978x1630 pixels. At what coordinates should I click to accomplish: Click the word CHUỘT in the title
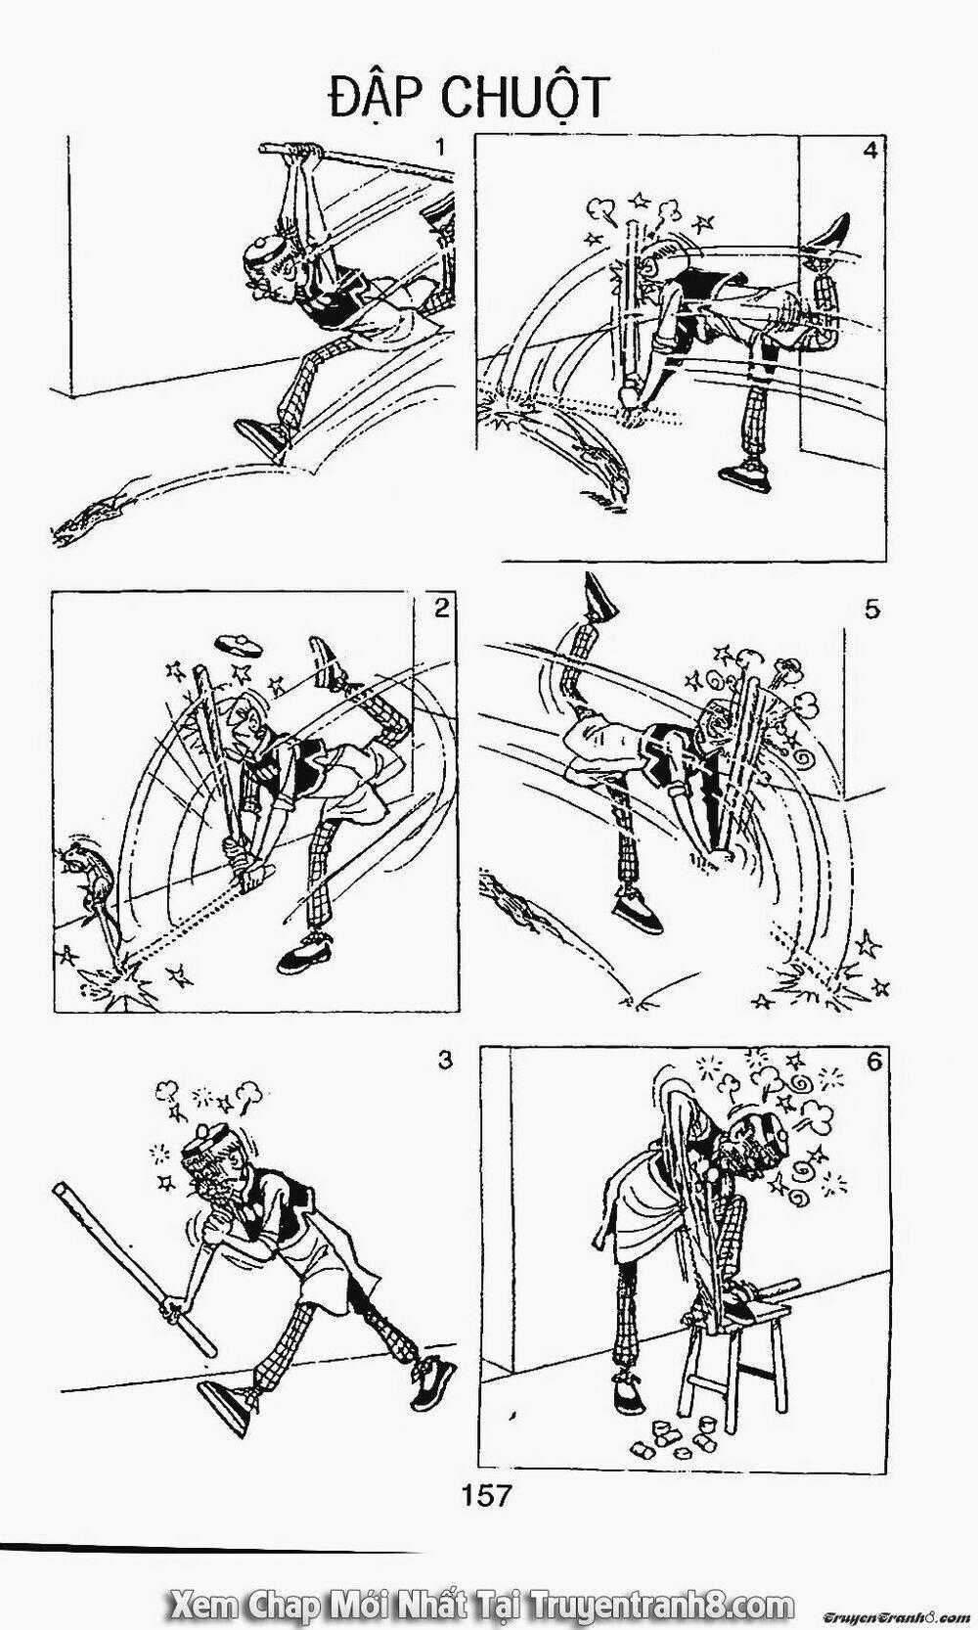click(523, 98)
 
